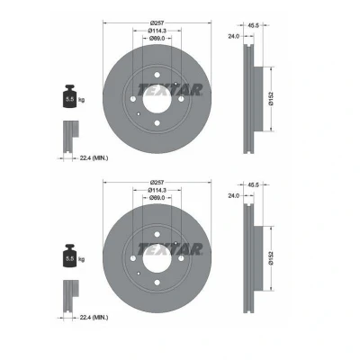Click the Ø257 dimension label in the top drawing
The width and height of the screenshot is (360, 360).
click(157, 22)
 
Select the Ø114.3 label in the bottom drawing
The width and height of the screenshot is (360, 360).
click(157, 190)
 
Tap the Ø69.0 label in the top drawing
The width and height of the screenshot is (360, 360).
click(157, 38)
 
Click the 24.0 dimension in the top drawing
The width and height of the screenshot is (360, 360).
click(234, 36)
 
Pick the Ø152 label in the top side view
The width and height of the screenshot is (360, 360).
click(271, 99)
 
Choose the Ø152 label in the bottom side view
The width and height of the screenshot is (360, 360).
click(271, 258)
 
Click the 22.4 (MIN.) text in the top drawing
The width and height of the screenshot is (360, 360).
click(94, 157)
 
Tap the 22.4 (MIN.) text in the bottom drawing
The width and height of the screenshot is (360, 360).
click(94, 317)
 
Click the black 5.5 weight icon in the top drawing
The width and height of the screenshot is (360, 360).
click(70, 96)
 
